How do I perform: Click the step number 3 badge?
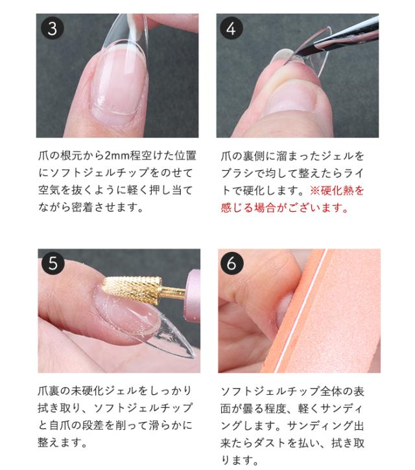pyautogui.click(x=53, y=29)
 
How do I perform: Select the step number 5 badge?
pyautogui.click(x=53, y=263)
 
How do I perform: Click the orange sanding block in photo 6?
pyautogui.click(x=337, y=324)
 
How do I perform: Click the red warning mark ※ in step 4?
pyautogui.click(x=314, y=192)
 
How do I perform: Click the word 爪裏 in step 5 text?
pyautogui.click(x=48, y=391)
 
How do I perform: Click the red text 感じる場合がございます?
pyautogui.click(x=285, y=209)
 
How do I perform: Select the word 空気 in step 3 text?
pyautogui.click(x=48, y=192)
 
